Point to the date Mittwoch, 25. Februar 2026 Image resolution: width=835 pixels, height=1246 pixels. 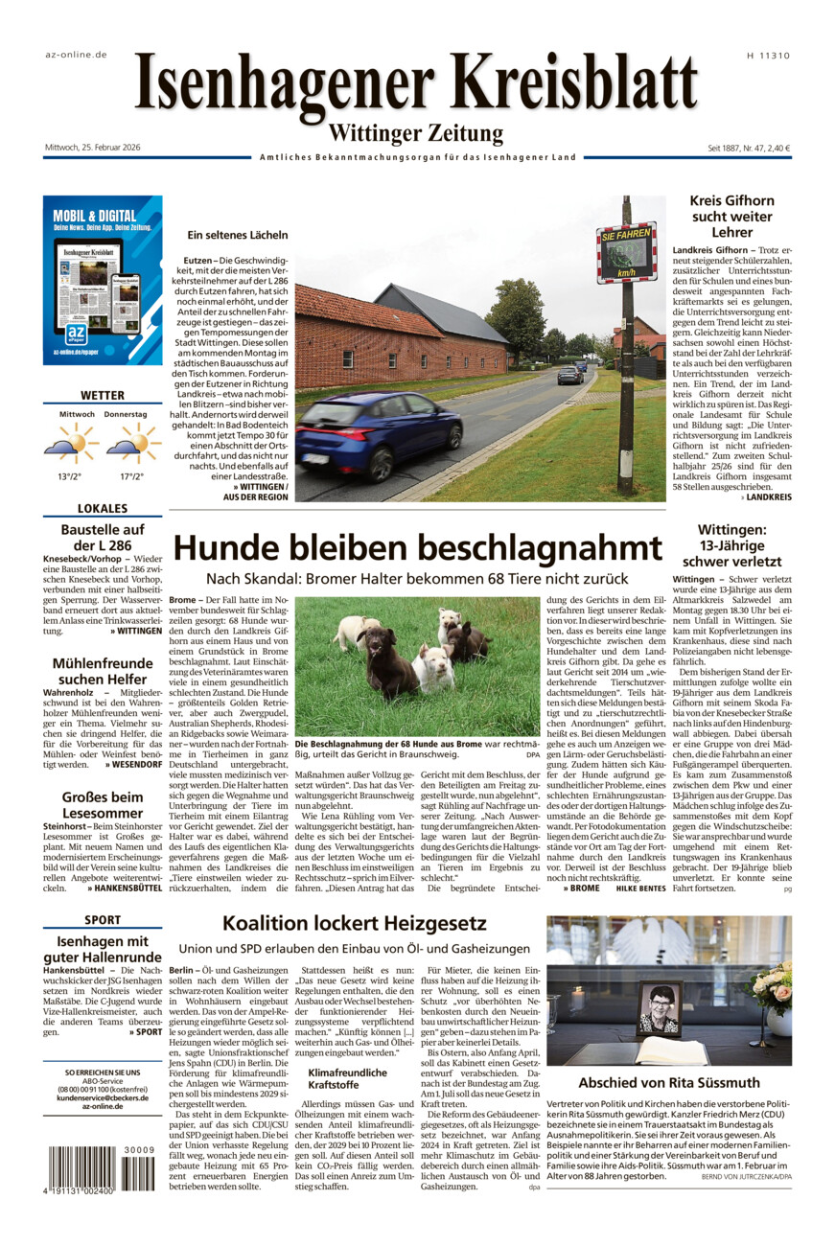pos(93,148)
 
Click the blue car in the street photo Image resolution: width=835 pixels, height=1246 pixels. pos(380,434)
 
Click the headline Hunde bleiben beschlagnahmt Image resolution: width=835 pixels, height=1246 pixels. pos(417,548)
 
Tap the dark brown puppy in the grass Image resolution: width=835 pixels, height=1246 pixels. pos(386,660)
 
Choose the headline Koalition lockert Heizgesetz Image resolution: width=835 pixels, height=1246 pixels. pos(354,924)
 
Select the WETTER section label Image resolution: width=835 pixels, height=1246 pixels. pos(103,395)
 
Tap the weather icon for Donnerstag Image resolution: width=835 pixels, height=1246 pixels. pos(133,443)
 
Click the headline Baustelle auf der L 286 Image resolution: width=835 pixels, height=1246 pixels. pos(103,538)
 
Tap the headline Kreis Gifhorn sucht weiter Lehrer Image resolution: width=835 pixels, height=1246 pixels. pos(731,216)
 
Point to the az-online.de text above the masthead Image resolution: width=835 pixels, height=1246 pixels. pos(76,55)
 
